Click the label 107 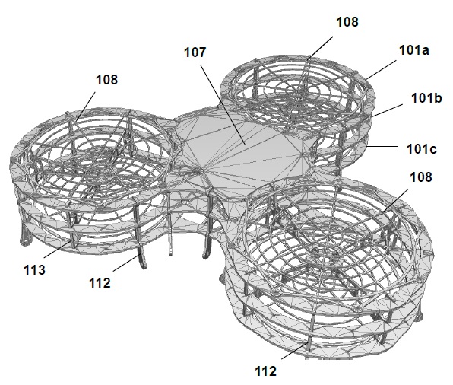coord(195,52)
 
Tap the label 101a coord(414,50)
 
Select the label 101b coord(426,98)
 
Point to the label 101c coord(422,149)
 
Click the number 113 coord(34,270)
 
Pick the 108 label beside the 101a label coord(347,22)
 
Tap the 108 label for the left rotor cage coord(106,80)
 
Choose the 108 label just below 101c coord(421,177)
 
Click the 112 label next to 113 coord(100,283)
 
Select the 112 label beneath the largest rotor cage coord(265,371)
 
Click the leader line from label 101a coord(381,70)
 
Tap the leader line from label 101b coord(387,110)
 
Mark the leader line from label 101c coord(382,147)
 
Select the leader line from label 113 coord(58,250)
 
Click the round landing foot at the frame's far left coord(25,240)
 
